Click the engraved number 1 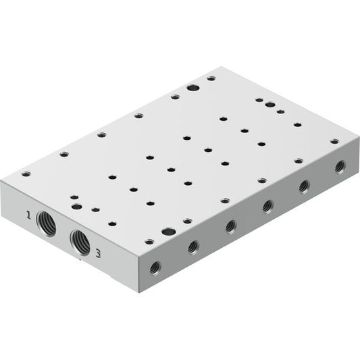[28, 215]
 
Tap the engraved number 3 [98, 253]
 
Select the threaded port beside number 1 [46, 224]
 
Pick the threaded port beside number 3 [80, 242]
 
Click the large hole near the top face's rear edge [193, 88]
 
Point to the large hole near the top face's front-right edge [169, 232]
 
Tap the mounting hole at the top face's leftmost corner [26, 174]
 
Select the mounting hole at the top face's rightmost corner [334, 141]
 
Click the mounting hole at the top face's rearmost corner [211, 78]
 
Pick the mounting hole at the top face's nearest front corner [149, 242]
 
